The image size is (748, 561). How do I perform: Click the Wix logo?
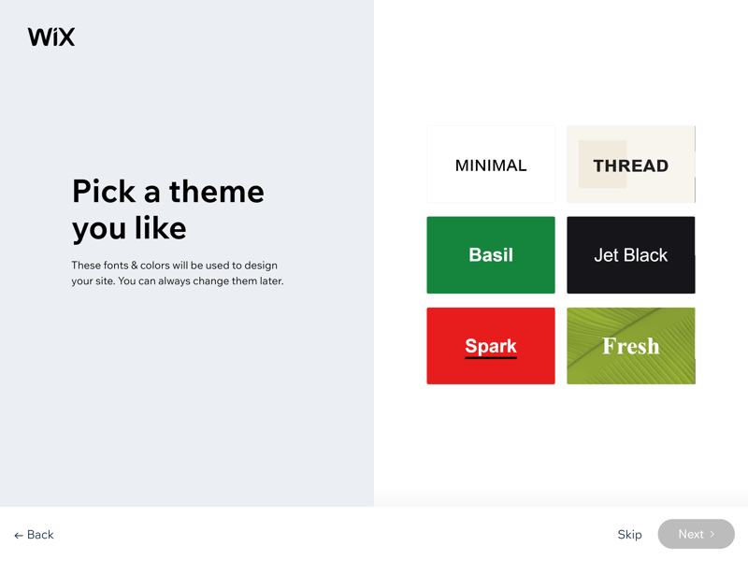pyautogui.click(x=51, y=36)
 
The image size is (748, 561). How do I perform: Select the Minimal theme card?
pyautogui.click(x=491, y=165)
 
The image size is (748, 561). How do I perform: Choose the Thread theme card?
pyautogui.click(x=630, y=165)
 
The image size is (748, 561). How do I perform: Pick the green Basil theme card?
pyautogui.click(x=491, y=254)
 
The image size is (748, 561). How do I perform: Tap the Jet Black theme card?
pyautogui.click(x=630, y=254)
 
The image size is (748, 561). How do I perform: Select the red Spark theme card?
pyautogui.click(x=491, y=346)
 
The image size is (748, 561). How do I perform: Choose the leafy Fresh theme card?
pyautogui.click(x=630, y=346)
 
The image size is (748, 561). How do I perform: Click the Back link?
pyautogui.click(x=34, y=535)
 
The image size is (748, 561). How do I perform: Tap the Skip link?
pyautogui.click(x=629, y=534)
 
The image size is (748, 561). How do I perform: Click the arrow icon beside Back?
pyautogui.click(x=19, y=536)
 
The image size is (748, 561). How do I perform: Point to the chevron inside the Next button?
pyautogui.click(x=712, y=534)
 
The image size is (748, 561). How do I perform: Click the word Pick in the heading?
pyautogui.click(x=104, y=192)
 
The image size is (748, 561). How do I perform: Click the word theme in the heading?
pyautogui.click(x=217, y=192)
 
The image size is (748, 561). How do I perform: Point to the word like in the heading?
pyautogui.click(x=160, y=227)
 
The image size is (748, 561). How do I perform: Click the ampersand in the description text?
pyautogui.click(x=134, y=266)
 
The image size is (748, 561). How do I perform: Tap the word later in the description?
pyautogui.click(x=271, y=281)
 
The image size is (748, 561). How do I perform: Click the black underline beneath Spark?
pyautogui.click(x=491, y=357)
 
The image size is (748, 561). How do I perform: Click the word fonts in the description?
pyautogui.click(x=114, y=266)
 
